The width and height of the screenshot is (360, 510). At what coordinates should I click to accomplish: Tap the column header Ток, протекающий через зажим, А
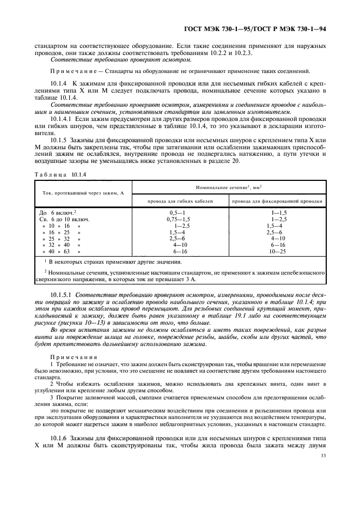click(x=84, y=193)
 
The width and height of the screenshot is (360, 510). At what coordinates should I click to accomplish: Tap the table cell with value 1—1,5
click(x=279, y=211)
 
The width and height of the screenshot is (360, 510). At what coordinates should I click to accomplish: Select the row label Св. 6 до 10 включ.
click(x=64, y=218)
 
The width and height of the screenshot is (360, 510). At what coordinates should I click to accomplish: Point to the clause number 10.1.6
click(x=58, y=438)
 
